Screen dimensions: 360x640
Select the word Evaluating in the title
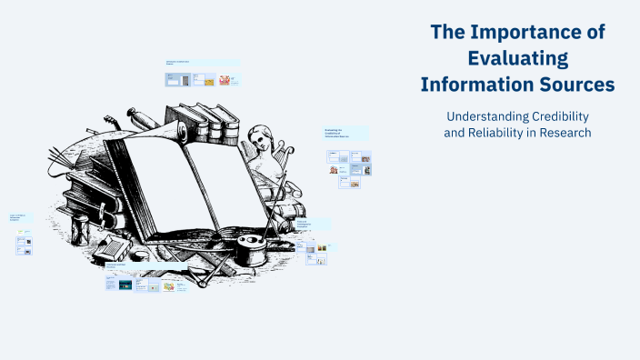(517, 59)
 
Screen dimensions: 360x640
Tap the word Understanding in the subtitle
(482, 116)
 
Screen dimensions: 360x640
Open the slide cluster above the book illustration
(202, 75)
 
